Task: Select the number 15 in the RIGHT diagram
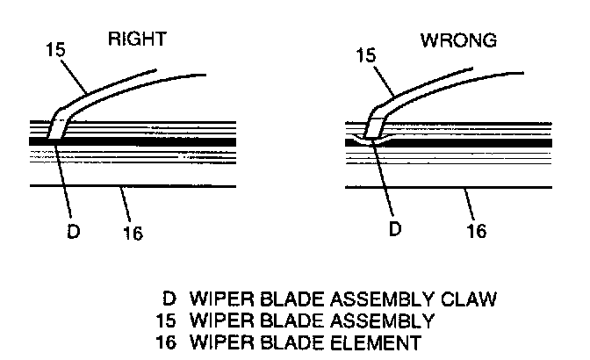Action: (55, 49)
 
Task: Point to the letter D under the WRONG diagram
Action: (396, 229)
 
